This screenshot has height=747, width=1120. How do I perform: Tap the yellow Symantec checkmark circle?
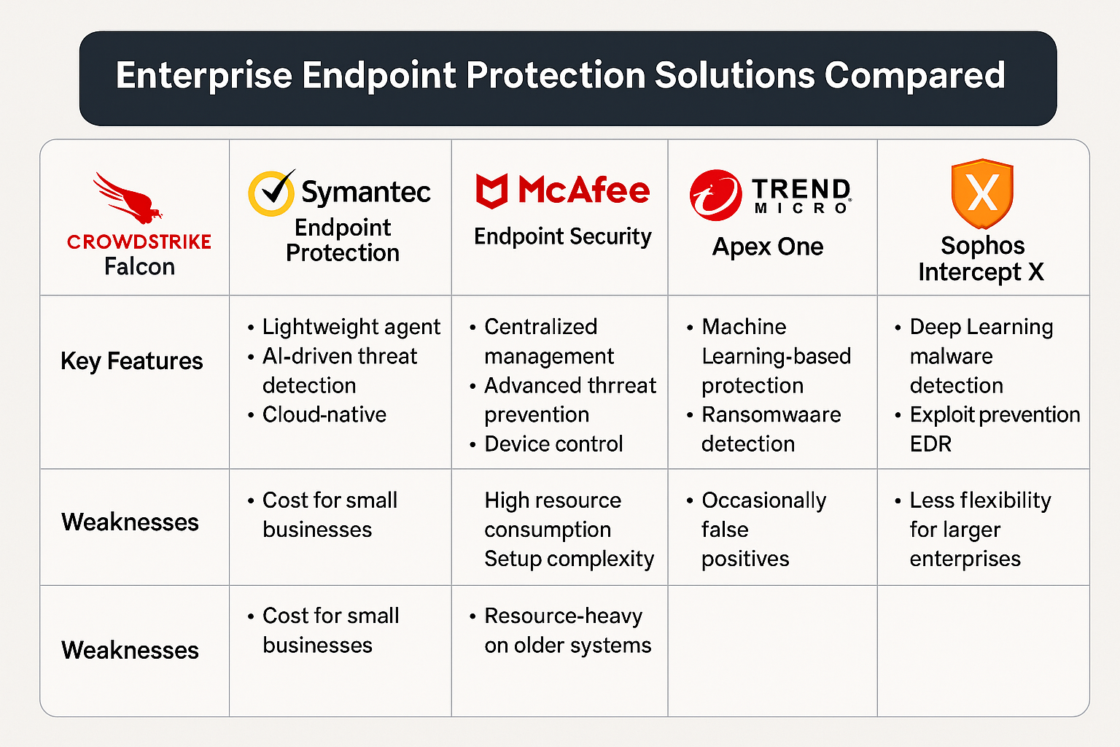[x=271, y=193]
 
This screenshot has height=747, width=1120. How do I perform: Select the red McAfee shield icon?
[x=491, y=190]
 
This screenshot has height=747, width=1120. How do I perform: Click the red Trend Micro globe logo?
[x=715, y=195]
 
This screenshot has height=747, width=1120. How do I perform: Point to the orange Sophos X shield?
[x=982, y=193]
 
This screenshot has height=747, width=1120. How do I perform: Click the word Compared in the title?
[x=914, y=76]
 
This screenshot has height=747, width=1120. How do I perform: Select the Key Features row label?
[x=131, y=361]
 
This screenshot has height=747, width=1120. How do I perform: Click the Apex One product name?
[x=768, y=246]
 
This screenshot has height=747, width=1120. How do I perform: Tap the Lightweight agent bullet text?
[x=351, y=327]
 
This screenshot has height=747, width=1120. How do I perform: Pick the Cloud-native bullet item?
[x=324, y=414]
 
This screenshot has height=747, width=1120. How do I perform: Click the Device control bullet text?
[x=553, y=444]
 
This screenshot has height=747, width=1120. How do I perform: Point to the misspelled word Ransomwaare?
[x=771, y=414]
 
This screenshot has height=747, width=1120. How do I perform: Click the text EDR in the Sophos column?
[x=930, y=444]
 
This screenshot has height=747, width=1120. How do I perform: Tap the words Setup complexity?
[x=569, y=559]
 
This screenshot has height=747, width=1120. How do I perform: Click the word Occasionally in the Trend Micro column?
[x=763, y=500]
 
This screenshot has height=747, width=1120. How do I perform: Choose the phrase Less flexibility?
[x=980, y=500]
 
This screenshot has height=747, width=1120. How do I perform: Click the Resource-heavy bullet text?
[x=563, y=616]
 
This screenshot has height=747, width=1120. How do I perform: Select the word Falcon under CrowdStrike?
[x=139, y=266]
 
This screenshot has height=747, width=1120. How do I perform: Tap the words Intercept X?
[x=981, y=271]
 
